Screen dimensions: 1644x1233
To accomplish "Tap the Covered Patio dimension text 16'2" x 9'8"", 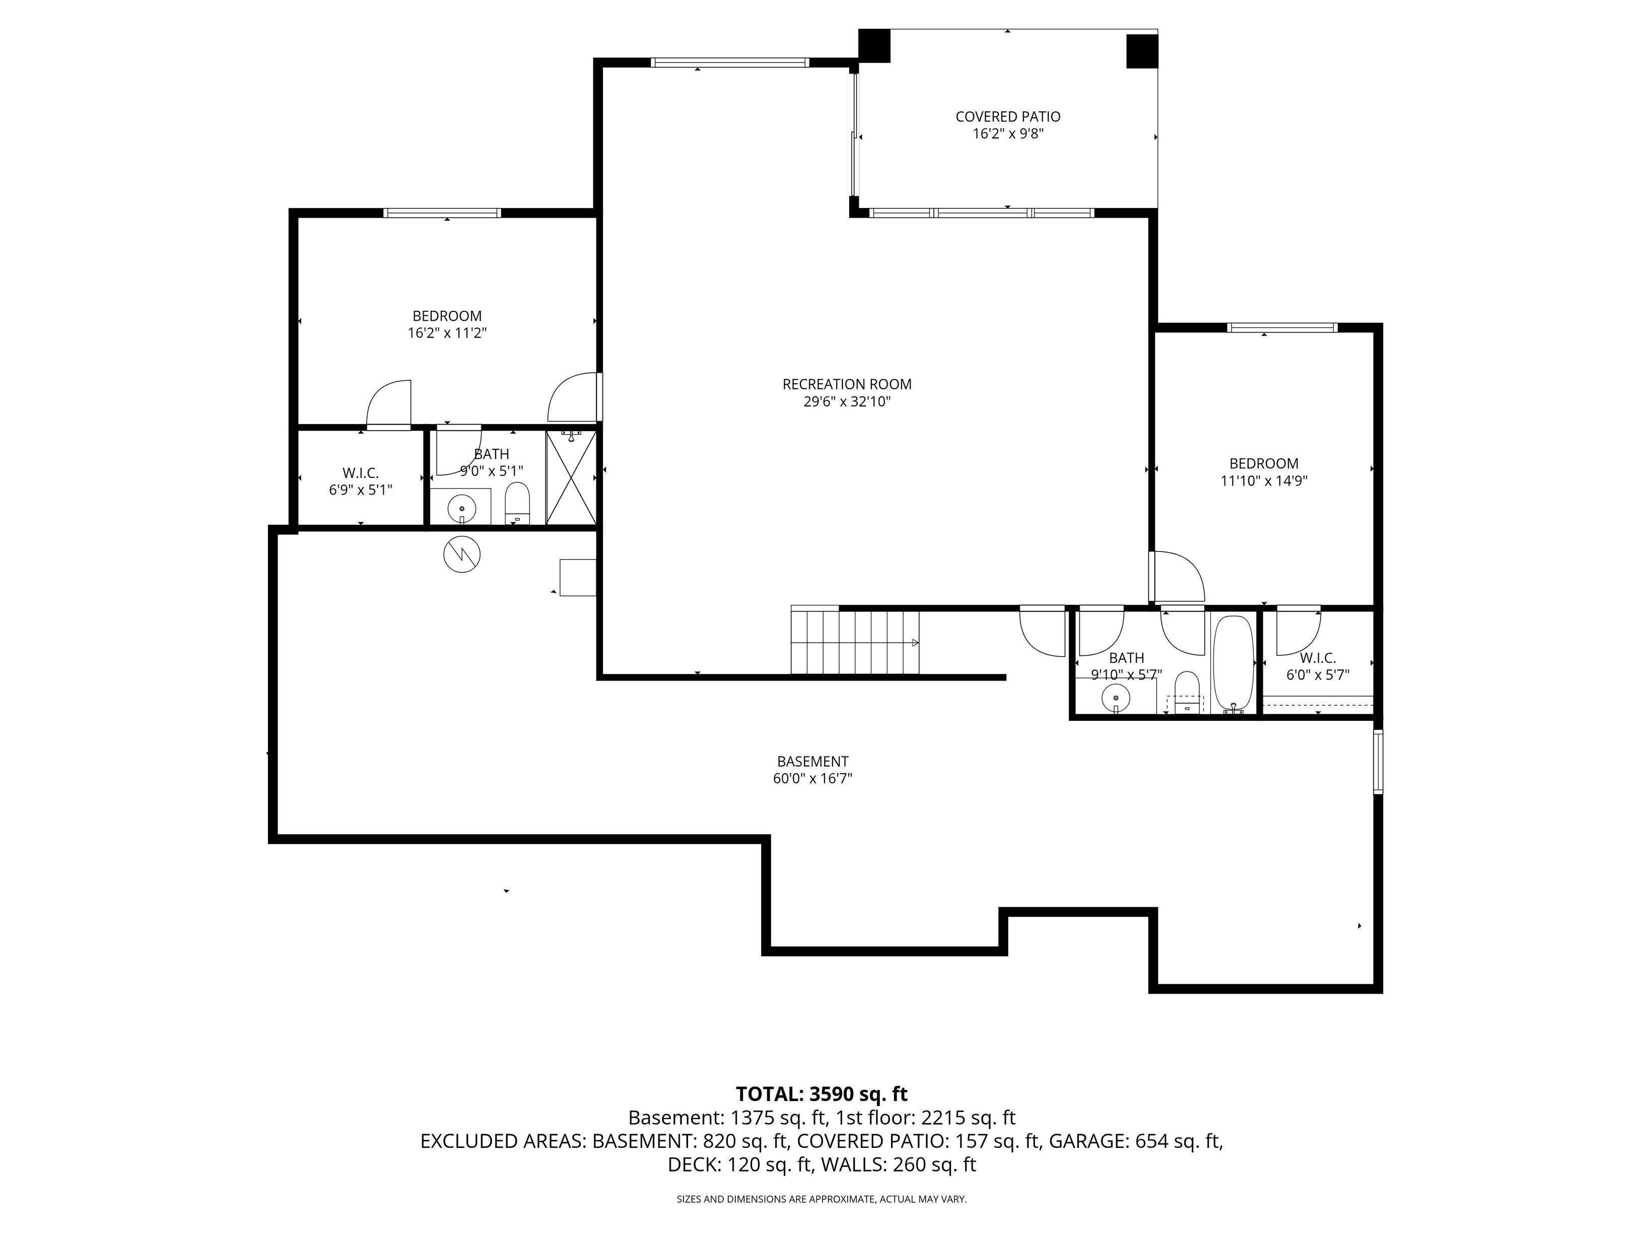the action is point(1008,134).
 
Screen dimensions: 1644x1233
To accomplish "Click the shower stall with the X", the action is point(571,477).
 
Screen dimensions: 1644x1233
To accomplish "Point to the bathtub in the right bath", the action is point(1234,664).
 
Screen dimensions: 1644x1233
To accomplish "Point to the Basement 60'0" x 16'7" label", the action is point(812,770).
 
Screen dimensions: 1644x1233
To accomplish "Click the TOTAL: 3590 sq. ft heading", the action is point(821,1094).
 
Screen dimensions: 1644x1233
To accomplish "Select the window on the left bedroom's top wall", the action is point(442,213).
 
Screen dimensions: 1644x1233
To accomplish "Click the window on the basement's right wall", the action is point(1378,762).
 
